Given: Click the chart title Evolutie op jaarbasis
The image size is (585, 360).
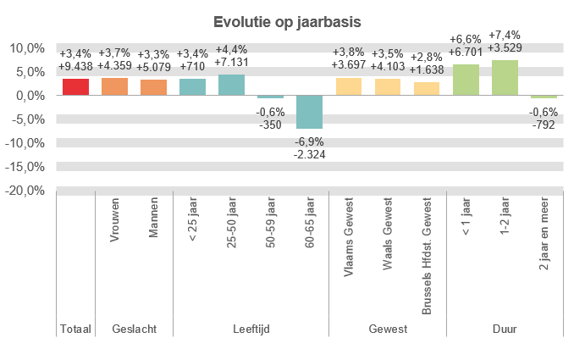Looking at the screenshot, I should [x=292, y=21].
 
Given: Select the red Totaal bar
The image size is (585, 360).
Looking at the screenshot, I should [x=75, y=87].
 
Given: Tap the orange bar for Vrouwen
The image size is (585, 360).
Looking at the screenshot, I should [x=114, y=86].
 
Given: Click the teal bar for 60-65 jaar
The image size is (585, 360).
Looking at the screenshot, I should [x=310, y=112].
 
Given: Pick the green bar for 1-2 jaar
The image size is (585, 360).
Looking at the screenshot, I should [x=505, y=78].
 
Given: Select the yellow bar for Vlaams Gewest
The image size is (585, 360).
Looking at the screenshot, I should [x=349, y=86].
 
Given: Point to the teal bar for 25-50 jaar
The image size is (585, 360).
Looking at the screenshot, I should [x=232, y=85].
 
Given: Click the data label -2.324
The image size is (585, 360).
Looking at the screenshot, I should [x=310, y=154].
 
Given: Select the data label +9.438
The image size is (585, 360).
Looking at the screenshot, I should [x=75, y=66].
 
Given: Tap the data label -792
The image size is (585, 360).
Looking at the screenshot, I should [x=544, y=125].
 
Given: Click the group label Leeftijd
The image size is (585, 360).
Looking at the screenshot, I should [x=251, y=329].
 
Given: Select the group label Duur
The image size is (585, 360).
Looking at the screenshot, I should [x=505, y=329].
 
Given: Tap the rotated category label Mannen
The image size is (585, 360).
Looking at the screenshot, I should [x=153, y=219].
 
